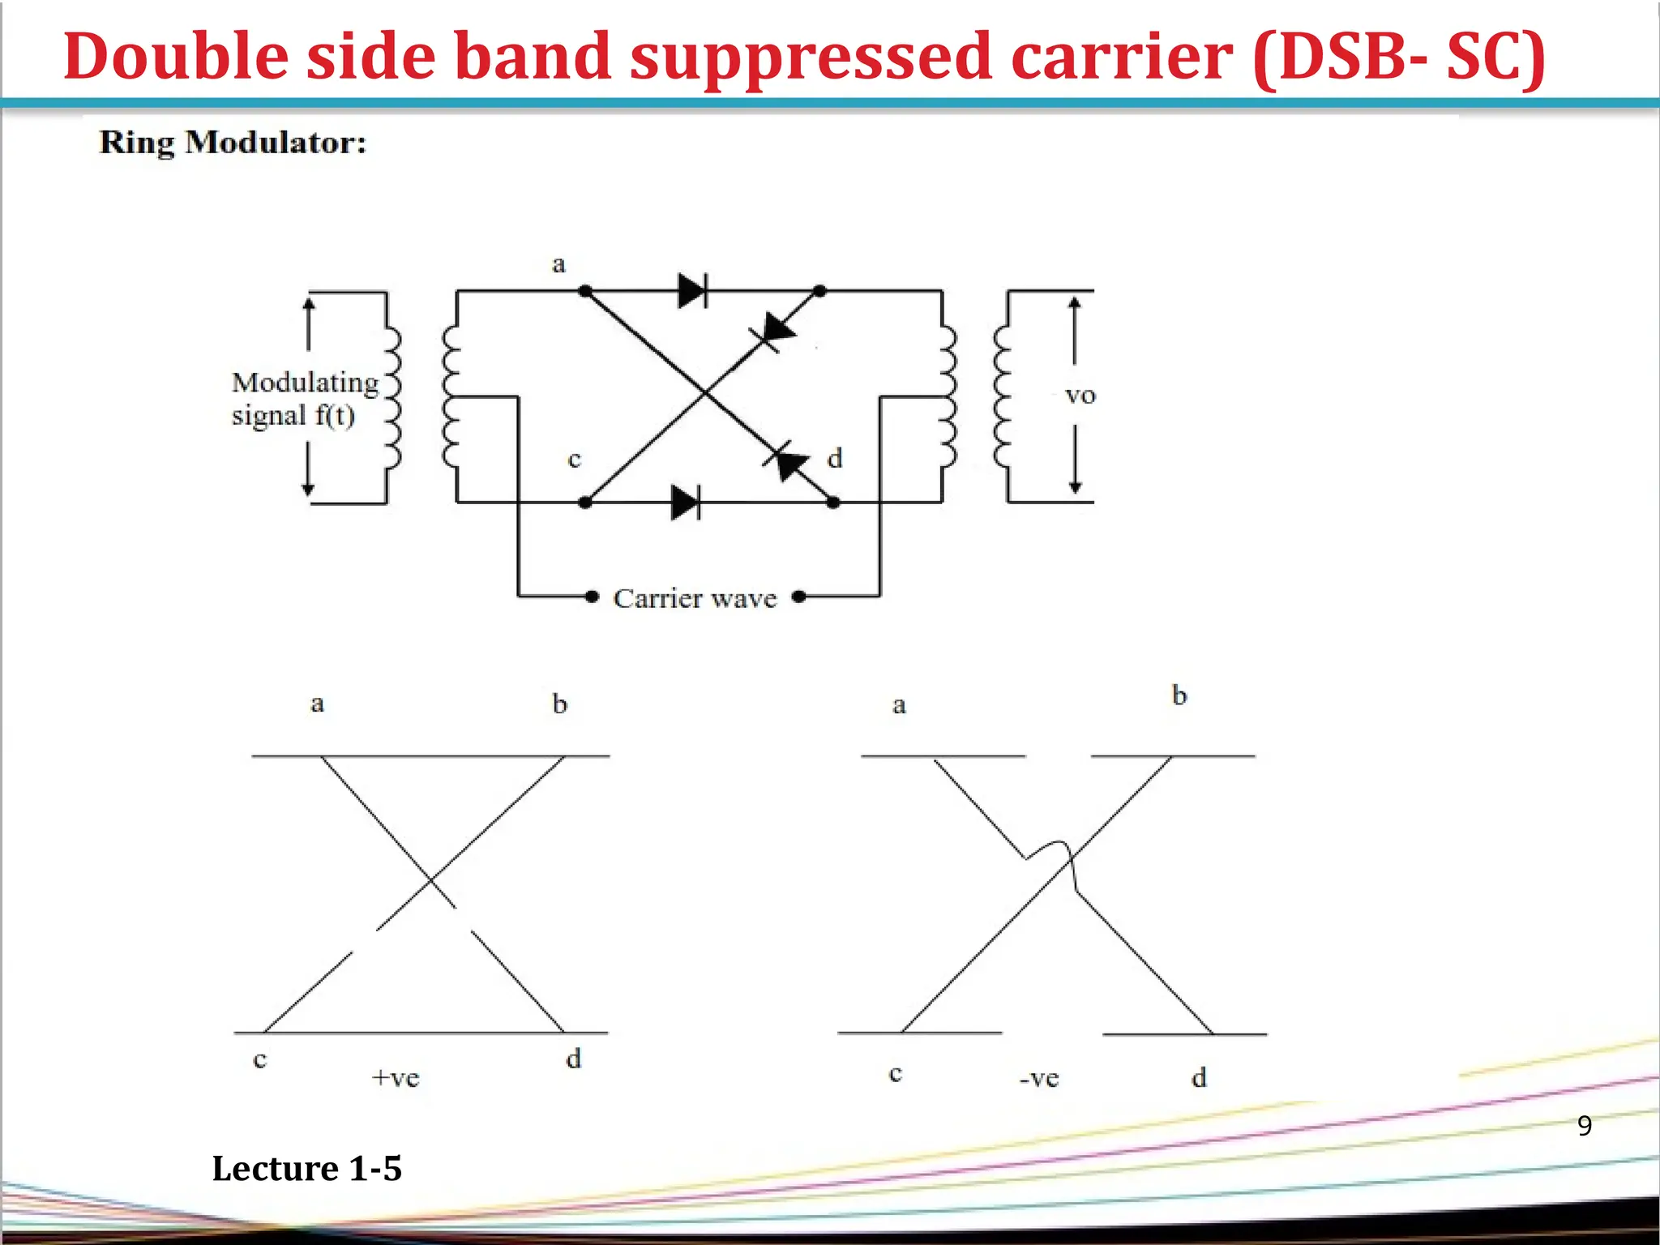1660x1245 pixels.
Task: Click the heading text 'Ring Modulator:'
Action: (x=233, y=143)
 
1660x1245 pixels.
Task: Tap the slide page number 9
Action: (x=1585, y=1125)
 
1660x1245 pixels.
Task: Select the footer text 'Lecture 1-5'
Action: (x=306, y=1168)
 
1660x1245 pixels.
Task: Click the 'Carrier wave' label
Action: (x=695, y=598)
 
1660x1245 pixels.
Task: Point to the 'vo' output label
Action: (x=1080, y=396)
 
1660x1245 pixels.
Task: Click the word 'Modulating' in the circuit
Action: (x=305, y=382)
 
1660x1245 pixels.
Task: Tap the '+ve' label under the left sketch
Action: (x=396, y=1078)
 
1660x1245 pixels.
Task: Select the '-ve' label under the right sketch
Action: (x=1039, y=1079)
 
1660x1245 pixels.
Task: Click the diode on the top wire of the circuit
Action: (x=693, y=290)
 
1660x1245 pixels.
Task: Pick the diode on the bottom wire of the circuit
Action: (x=686, y=503)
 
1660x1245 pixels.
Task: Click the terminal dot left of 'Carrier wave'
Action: (x=593, y=597)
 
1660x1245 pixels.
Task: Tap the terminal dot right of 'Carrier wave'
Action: (x=799, y=597)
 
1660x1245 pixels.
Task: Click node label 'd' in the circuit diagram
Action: (x=835, y=459)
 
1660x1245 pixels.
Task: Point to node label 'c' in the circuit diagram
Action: (x=575, y=460)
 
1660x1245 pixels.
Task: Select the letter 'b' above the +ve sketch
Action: (x=560, y=704)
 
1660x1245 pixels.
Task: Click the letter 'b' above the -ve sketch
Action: (x=1179, y=695)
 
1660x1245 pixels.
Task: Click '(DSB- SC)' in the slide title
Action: (x=1398, y=57)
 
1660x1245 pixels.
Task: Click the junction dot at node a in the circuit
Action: (x=585, y=290)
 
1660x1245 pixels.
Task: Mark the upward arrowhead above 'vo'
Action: (x=1075, y=304)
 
